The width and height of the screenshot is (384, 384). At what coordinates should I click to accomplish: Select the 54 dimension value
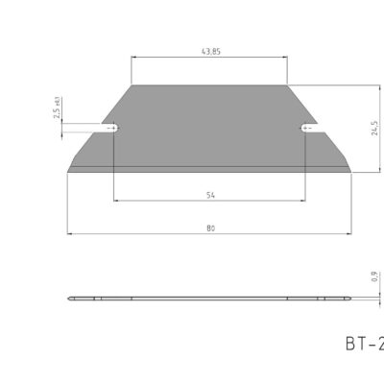[210, 195]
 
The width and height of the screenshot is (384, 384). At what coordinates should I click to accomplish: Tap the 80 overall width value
[210, 227]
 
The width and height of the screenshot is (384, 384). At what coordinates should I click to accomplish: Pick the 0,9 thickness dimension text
[373, 278]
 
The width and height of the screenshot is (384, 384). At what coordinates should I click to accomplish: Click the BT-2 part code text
[362, 342]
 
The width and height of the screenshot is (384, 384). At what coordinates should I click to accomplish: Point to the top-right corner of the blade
[287, 85]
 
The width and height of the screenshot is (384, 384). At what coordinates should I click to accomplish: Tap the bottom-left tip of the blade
[68, 172]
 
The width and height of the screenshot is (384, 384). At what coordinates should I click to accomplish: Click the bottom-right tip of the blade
[351, 172]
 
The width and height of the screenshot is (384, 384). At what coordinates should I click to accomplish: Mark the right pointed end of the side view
[352, 299]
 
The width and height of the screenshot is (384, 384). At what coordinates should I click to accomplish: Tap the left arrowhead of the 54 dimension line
[116, 201]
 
